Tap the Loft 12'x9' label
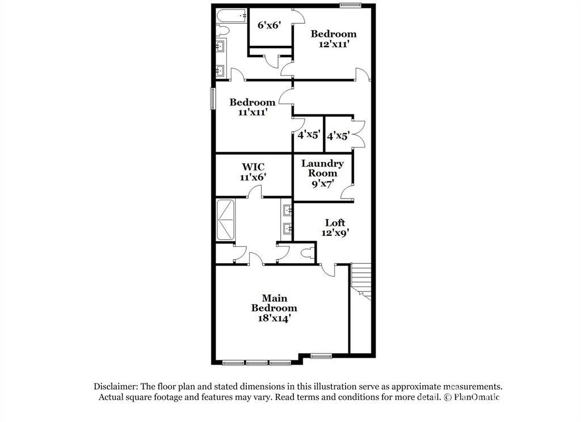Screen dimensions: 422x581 tap(335, 227)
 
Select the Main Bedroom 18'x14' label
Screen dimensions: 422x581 tap(274, 308)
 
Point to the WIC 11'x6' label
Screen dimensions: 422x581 tap(253, 172)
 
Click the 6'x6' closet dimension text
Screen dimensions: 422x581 tap(270, 26)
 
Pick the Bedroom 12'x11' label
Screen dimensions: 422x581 tap(333, 39)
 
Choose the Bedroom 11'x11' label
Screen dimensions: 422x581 tap(252, 107)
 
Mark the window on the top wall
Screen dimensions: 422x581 tap(351, 6)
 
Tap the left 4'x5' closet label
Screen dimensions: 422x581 tap(308, 136)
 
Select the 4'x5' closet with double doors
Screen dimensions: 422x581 tap(338, 136)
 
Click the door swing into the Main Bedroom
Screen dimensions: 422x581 tap(328, 271)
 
